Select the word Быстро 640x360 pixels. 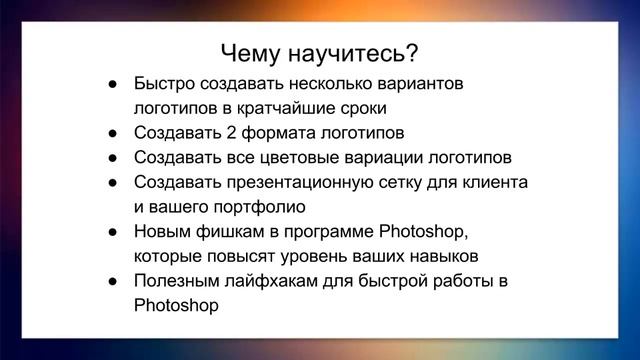coord(164,82)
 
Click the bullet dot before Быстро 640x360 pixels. coord(115,83)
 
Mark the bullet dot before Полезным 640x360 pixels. coord(115,282)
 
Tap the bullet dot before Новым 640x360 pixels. coord(115,233)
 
